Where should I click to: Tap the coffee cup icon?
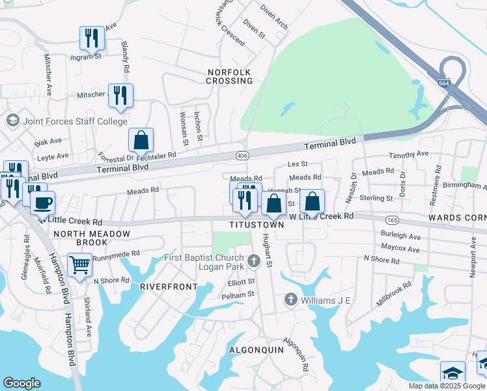click(x=43, y=203)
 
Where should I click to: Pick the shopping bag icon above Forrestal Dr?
click(x=141, y=139)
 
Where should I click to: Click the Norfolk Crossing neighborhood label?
click(x=229, y=76)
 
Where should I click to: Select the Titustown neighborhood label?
click(x=257, y=225)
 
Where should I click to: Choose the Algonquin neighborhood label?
click(x=257, y=350)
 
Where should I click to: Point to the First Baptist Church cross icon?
click(x=254, y=262)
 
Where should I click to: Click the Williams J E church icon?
click(x=291, y=300)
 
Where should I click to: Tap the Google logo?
click(x=22, y=383)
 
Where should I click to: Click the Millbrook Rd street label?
click(x=393, y=294)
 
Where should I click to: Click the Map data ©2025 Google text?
click(x=446, y=386)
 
